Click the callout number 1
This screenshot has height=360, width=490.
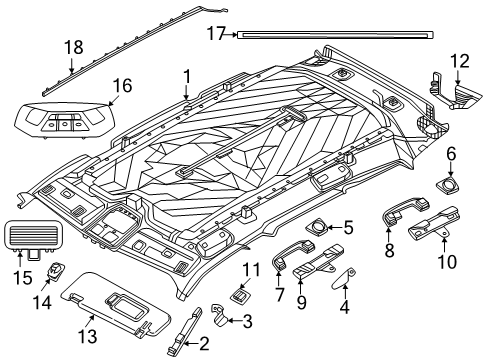(186, 75)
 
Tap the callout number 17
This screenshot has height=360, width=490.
(216, 33)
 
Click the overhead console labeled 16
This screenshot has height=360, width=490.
(62, 125)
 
